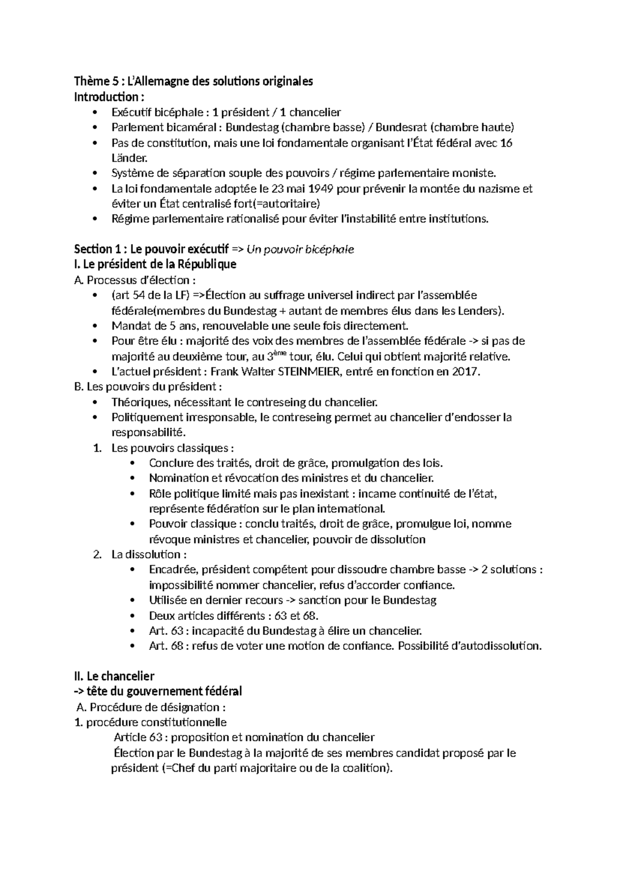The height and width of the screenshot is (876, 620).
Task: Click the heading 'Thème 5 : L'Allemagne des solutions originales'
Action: click(194, 82)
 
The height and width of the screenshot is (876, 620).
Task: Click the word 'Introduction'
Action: click(106, 97)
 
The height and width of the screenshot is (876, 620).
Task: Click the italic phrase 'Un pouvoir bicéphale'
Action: click(301, 249)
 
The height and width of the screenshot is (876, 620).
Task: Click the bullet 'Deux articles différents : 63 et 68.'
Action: click(234, 616)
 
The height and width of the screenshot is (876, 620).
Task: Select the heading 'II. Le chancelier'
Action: click(114, 676)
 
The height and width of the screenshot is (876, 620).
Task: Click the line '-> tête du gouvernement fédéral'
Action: click(158, 692)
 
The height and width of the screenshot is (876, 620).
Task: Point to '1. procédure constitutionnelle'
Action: click(150, 722)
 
